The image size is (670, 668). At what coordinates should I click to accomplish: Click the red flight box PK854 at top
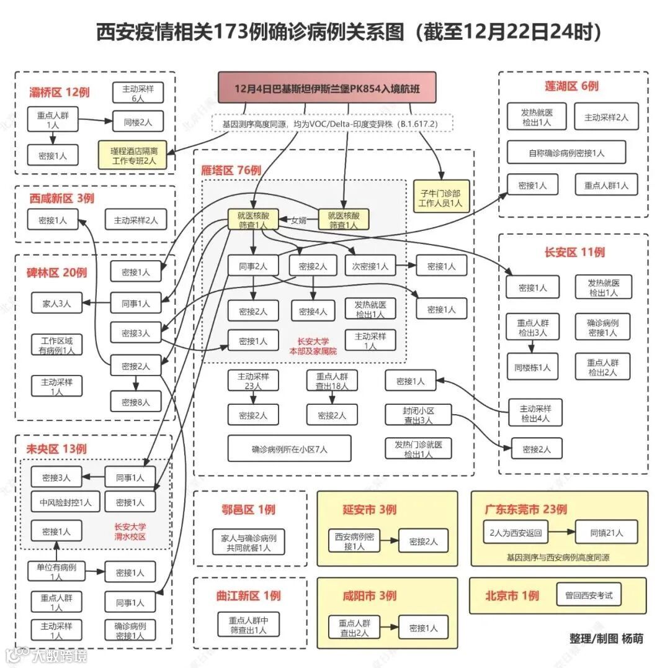(327, 88)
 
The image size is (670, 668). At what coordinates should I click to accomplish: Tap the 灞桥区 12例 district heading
(60, 93)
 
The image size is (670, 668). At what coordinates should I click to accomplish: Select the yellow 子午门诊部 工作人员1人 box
(441, 197)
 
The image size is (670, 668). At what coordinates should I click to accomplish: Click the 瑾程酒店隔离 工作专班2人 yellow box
(133, 155)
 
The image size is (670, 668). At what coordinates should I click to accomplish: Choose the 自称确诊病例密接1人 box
(566, 152)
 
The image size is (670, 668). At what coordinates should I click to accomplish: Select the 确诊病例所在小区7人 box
(289, 448)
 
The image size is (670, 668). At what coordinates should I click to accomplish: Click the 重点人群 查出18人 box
(332, 381)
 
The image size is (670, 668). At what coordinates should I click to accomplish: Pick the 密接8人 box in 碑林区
(135, 402)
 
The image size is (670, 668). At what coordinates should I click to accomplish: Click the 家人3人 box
(56, 304)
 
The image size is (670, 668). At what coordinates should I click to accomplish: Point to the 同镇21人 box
(606, 532)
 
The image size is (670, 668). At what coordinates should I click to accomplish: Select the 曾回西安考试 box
(588, 595)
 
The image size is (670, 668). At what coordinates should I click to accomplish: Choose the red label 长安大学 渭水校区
(130, 532)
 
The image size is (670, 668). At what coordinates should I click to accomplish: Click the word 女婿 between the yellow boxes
(298, 220)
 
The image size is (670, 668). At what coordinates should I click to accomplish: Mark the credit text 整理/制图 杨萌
(606, 638)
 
